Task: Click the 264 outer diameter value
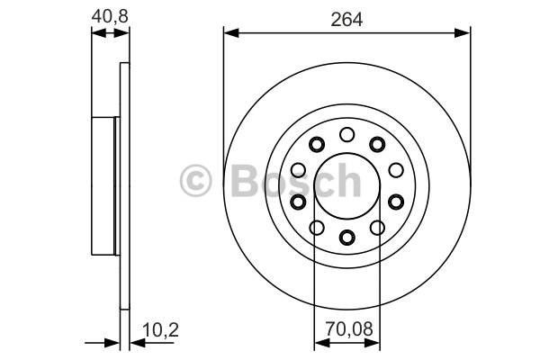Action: tap(346, 19)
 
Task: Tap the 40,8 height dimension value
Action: tap(110, 16)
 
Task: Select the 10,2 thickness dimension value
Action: tap(160, 330)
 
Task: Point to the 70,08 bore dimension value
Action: tap(349, 329)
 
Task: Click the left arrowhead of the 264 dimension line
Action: tap(231, 33)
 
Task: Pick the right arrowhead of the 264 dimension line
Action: tap(463, 33)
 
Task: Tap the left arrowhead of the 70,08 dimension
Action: tap(322, 343)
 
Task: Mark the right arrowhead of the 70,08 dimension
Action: tap(372, 343)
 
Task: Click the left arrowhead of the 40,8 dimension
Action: tap(99, 33)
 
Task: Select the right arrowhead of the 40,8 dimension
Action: tap(121, 33)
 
